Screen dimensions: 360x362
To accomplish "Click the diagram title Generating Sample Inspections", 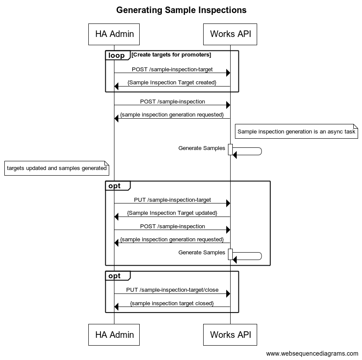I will pyautogui.click(x=181, y=10).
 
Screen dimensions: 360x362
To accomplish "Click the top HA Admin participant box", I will pyautogui.click(x=114, y=34).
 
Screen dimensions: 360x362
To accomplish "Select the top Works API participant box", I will pyautogui.click(x=230, y=34).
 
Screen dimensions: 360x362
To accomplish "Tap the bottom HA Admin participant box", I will pyautogui.click(x=114, y=334).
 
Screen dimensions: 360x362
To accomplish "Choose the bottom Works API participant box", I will pyautogui.click(x=230, y=334).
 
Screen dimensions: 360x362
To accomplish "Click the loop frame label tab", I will pyautogui.click(x=117, y=55).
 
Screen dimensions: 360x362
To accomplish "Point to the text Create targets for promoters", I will pyautogui.click(x=171, y=55).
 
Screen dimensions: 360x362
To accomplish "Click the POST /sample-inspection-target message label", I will pyautogui.click(x=172, y=70).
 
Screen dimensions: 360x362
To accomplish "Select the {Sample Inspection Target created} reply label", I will pyautogui.click(x=172, y=83).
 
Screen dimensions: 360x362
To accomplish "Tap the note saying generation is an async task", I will pyautogui.click(x=296, y=131).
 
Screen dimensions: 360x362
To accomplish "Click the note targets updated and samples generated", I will pyautogui.click(x=57, y=168).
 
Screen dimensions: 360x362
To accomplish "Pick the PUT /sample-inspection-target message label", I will pyautogui.click(x=172, y=200).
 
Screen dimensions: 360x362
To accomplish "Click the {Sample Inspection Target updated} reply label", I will pyautogui.click(x=172, y=213).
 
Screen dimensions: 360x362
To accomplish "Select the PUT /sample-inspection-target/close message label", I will pyautogui.click(x=172, y=290).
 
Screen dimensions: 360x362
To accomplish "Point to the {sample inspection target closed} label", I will pyautogui.click(x=172, y=303).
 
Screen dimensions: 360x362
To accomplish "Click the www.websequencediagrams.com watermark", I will pyautogui.click(x=312, y=353).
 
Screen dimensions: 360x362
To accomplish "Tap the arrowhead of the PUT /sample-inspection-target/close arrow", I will pyautogui.click(x=228, y=294).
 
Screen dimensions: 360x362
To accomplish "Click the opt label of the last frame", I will pyautogui.click(x=114, y=276).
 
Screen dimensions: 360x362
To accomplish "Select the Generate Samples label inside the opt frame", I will pyautogui.click(x=201, y=253).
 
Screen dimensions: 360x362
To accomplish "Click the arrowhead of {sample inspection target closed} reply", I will pyautogui.click(x=116, y=307).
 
